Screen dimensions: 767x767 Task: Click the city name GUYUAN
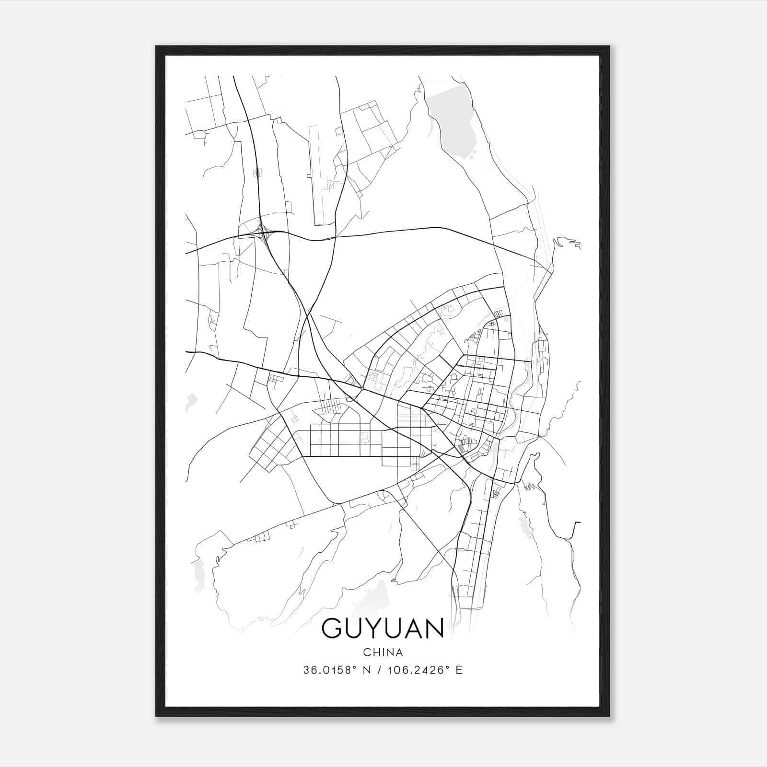[383, 628]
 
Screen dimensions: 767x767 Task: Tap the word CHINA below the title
[383, 652]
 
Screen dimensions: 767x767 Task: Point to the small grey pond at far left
[191, 402]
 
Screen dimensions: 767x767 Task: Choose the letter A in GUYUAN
[412, 628]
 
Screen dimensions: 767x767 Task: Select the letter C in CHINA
[366, 652]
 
